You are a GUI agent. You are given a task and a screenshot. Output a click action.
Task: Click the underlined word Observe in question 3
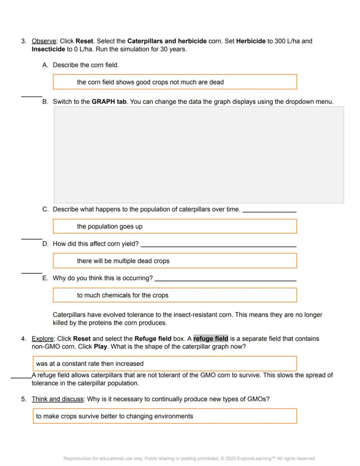[44, 41]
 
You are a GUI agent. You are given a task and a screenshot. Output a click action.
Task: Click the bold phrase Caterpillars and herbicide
[167, 41]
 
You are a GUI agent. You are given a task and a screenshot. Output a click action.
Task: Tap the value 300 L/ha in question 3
[287, 41]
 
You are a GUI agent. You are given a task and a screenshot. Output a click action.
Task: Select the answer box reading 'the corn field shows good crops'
[175, 82]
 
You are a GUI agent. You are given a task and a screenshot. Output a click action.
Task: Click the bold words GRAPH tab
[109, 102]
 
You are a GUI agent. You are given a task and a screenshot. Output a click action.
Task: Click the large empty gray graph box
[199, 155]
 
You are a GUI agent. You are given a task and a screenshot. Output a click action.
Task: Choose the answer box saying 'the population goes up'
[175, 226]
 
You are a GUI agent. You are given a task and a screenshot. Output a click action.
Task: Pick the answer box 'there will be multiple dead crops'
[175, 261]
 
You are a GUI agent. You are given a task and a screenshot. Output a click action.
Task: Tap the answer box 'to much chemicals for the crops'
[175, 295]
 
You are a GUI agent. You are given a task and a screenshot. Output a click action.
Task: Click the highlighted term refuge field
[210, 339]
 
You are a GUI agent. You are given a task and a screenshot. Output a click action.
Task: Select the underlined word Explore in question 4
[43, 339]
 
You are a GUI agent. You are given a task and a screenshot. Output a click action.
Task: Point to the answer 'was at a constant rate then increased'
[165, 364]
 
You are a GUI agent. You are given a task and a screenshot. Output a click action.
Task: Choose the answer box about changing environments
[165, 416]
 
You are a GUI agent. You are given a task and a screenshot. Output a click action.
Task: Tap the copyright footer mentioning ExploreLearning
[189, 458]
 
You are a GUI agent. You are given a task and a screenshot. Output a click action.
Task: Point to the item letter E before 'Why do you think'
[45, 278]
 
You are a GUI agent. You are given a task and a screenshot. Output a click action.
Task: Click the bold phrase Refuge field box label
[153, 339]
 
